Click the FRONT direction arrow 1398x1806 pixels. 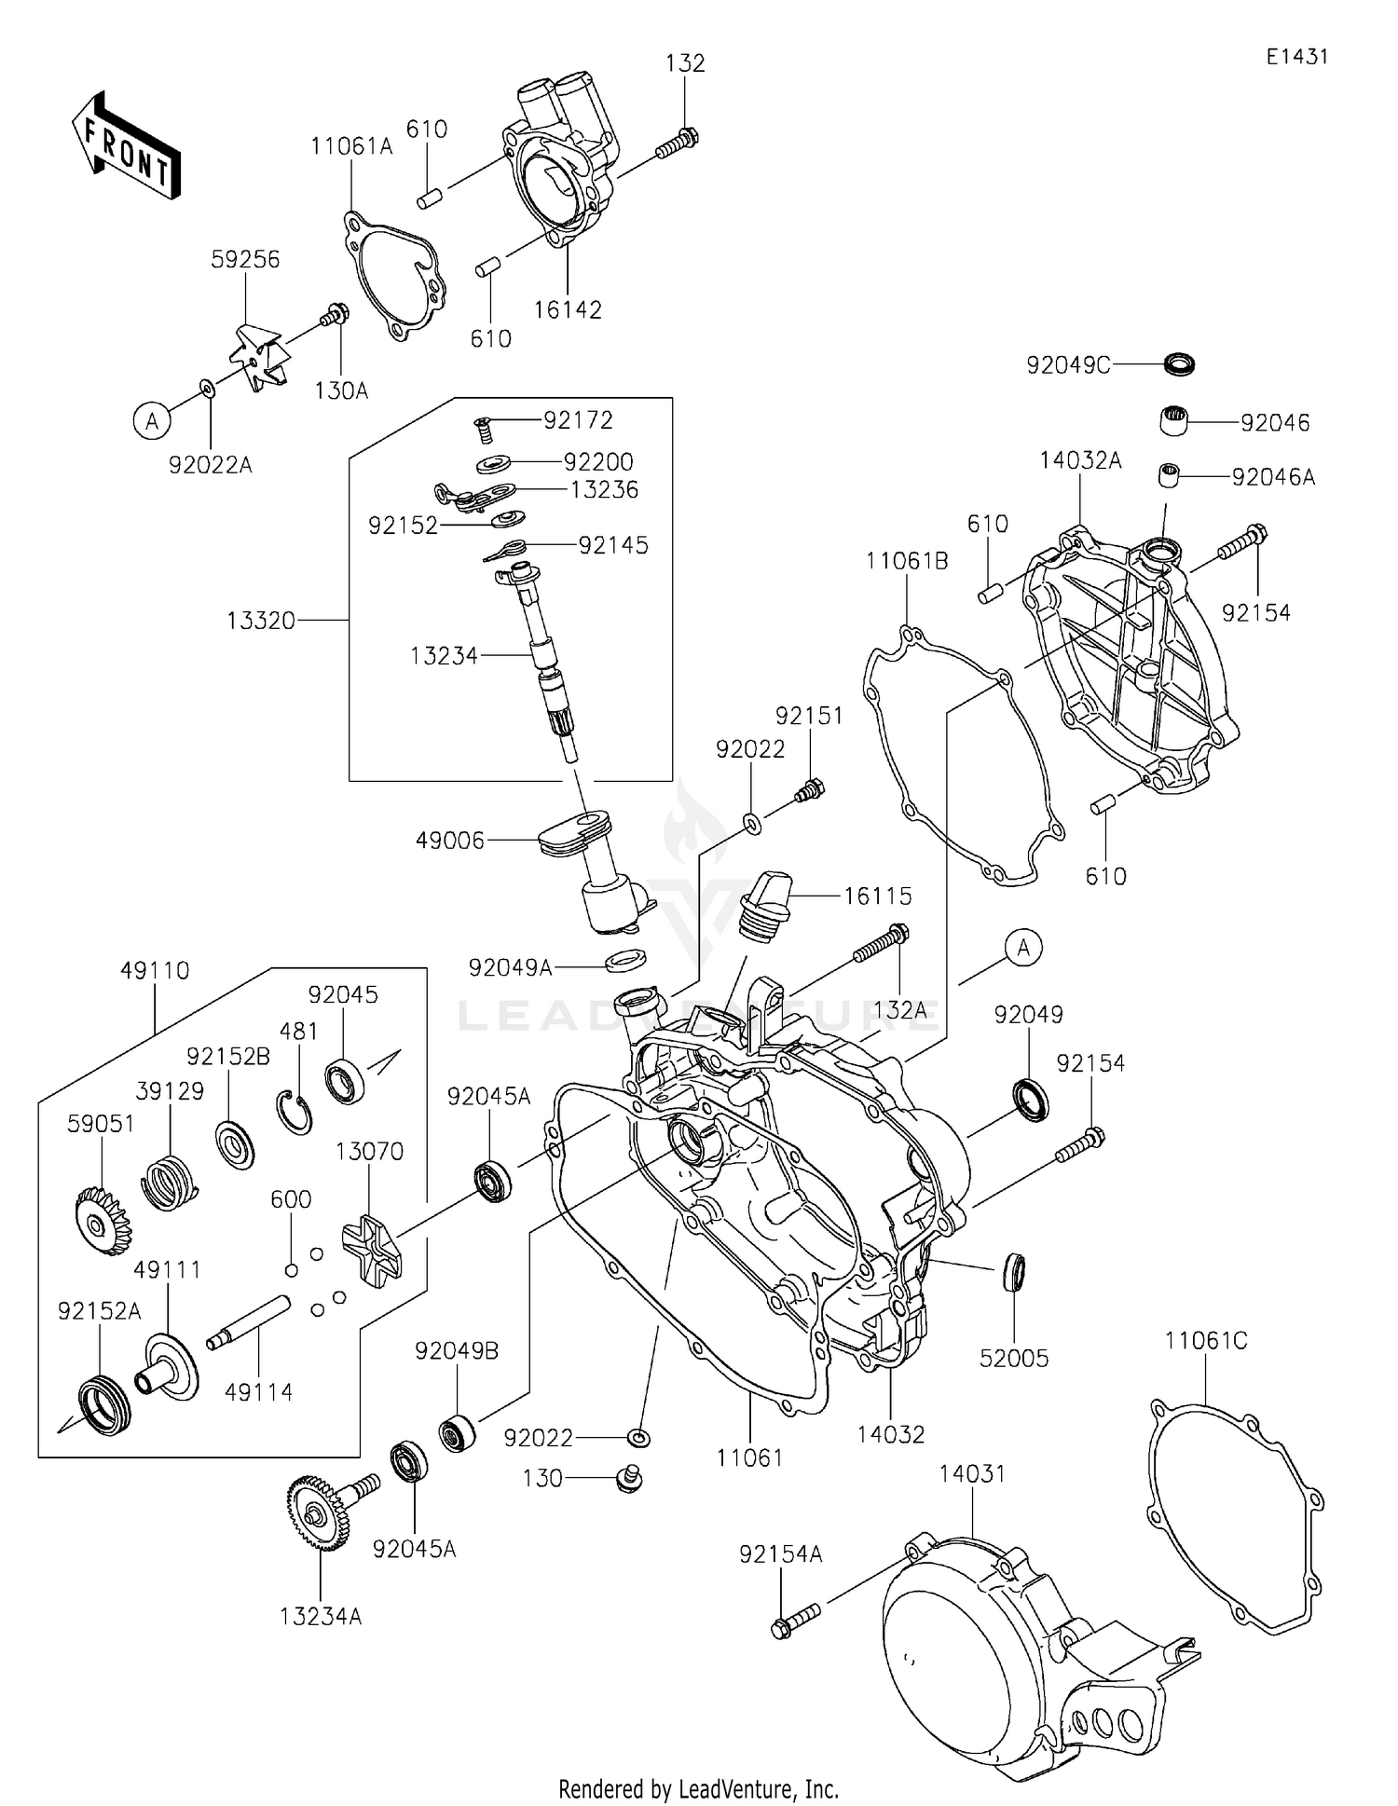pos(126,149)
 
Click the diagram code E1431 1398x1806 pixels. pos(1296,57)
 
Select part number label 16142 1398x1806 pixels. pos(568,310)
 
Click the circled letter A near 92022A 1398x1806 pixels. pos(152,421)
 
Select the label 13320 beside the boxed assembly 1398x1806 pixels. pos(261,621)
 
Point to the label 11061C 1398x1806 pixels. pos(1205,1341)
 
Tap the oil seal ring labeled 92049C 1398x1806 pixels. pos(1180,363)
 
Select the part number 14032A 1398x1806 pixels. pos(1080,460)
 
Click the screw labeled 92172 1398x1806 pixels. pos(483,429)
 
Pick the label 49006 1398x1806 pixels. pos(450,841)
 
